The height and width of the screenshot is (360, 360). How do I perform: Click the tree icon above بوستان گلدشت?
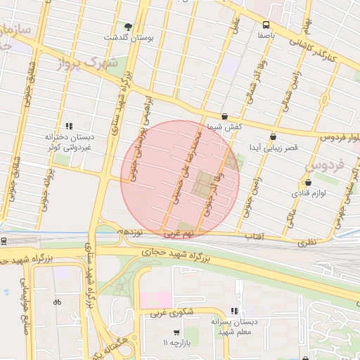(127, 27)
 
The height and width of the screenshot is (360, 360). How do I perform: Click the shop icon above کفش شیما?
(224, 117)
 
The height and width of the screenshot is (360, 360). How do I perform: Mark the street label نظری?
(307, 241)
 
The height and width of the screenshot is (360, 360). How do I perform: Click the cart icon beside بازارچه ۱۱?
(176, 333)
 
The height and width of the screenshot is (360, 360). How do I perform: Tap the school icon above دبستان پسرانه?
(234, 311)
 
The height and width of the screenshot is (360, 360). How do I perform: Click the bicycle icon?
(57, 302)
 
